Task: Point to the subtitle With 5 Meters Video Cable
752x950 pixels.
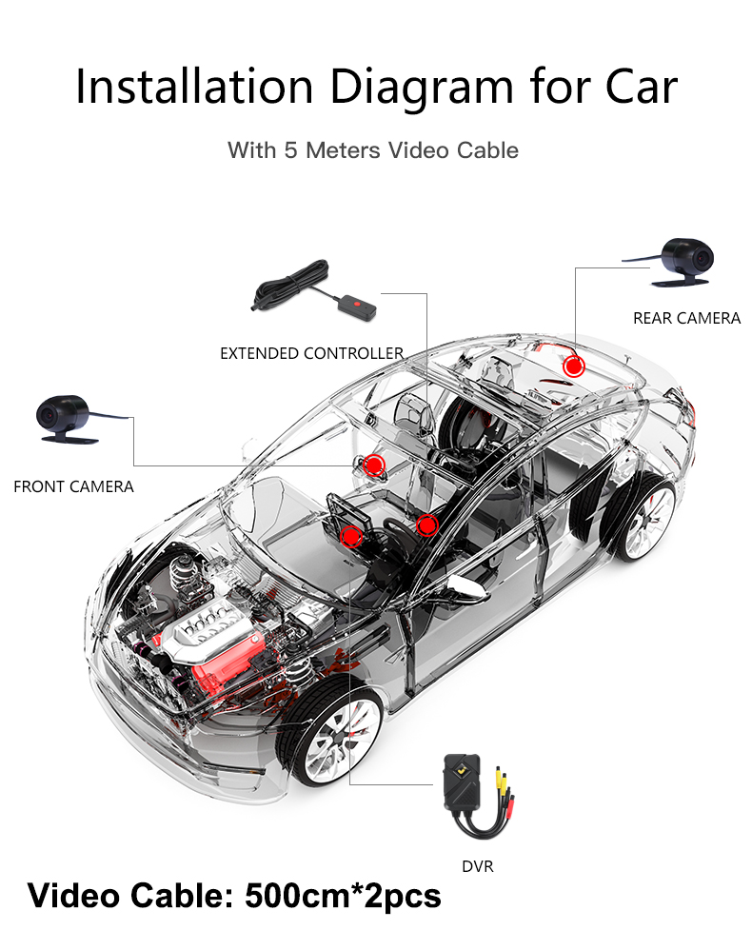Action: tap(373, 150)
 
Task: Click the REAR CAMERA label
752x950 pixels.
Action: tap(686, 318)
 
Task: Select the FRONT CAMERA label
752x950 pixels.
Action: tap(73, 486)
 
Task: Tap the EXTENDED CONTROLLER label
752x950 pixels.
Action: tap(312, 353)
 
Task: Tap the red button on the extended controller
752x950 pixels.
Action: tap(356, 307)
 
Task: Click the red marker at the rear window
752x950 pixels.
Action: tap(573, 366)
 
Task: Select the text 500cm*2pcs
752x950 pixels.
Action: tap(344, 896)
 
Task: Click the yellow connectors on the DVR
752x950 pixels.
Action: tap(501, 786)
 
